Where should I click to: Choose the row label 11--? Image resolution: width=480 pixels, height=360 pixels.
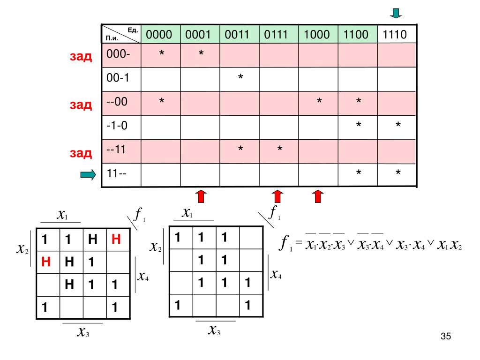[117, 174]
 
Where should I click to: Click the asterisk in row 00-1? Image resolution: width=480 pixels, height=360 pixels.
[240, 77]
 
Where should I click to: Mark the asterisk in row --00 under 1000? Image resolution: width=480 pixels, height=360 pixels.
[319, 102]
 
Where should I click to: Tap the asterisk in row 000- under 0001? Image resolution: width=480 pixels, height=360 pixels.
[201, 54]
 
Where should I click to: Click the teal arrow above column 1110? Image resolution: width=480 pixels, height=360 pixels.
[397, 13]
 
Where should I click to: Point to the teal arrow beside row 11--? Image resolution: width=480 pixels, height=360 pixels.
[88, 175]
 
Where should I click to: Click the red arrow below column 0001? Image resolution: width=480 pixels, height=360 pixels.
[200, 196]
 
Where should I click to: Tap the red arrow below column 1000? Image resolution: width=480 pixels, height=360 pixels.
[318, 196]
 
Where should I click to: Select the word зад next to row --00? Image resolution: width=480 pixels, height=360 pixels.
[81, 104]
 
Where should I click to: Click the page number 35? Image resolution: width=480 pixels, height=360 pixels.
[446, 336]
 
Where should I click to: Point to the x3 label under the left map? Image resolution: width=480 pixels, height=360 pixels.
[84, 333]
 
